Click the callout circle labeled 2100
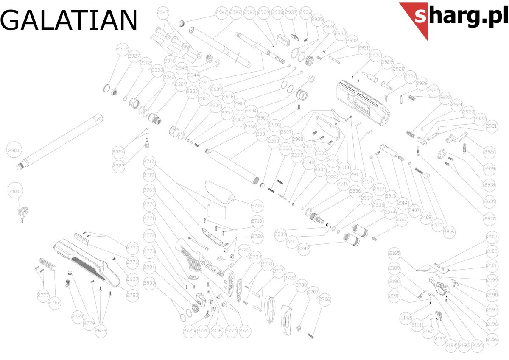click(x=14, y=192)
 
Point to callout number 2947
click(x=163, y=12)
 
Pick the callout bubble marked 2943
click(x=221, y=12)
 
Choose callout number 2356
click(x=123, y=49)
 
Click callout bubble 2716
click(x=257, y=206)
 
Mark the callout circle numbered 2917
click(x=489, y=219)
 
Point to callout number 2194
click(x=451, y=346)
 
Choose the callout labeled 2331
click(x=262, y=134)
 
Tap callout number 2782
click(x=55, y=302)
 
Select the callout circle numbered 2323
click(x=119, y=166)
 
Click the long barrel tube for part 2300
click(x=59, y=140)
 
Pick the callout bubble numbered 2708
click(x=301, y=285)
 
